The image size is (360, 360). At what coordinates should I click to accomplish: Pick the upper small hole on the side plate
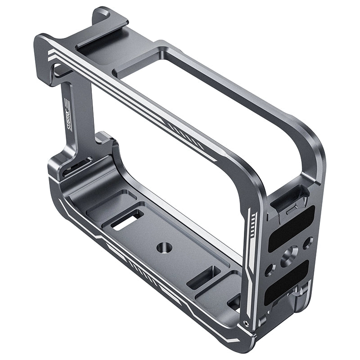[x=307, y=243]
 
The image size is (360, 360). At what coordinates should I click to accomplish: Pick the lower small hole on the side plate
[x=269, y=270]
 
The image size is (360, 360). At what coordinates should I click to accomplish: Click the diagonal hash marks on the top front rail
[x=178, y=128]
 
